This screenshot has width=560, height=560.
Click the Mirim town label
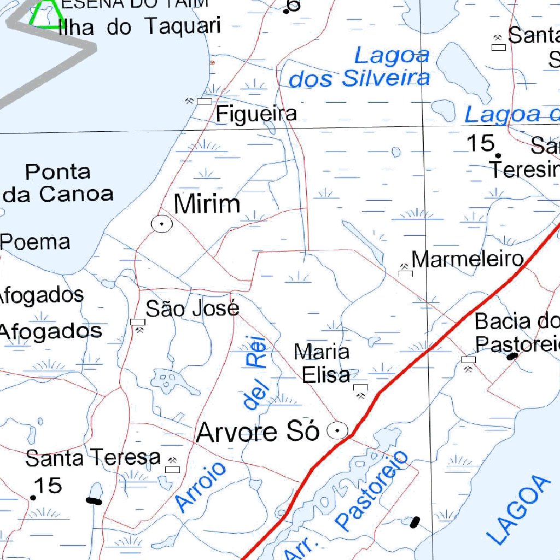click(x=207, y=205)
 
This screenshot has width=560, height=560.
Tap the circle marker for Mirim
click(x=162, y=224)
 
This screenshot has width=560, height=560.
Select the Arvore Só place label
click(x=258, y=432)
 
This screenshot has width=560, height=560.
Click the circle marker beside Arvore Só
click(x=337, y=431)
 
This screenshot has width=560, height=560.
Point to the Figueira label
click(x=256, y=114)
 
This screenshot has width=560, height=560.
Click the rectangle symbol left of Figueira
click(x=204, y=101)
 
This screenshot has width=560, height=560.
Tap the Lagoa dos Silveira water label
click(x=359, y=68)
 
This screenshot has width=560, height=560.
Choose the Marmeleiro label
click(x=468, y=259)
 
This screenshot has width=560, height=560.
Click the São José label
click(x=192, y=309)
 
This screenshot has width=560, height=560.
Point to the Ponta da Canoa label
click(x=58, y=183)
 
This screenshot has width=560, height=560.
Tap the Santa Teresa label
click(x=93, y=458)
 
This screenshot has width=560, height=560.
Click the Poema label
click(x=36, y=242)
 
